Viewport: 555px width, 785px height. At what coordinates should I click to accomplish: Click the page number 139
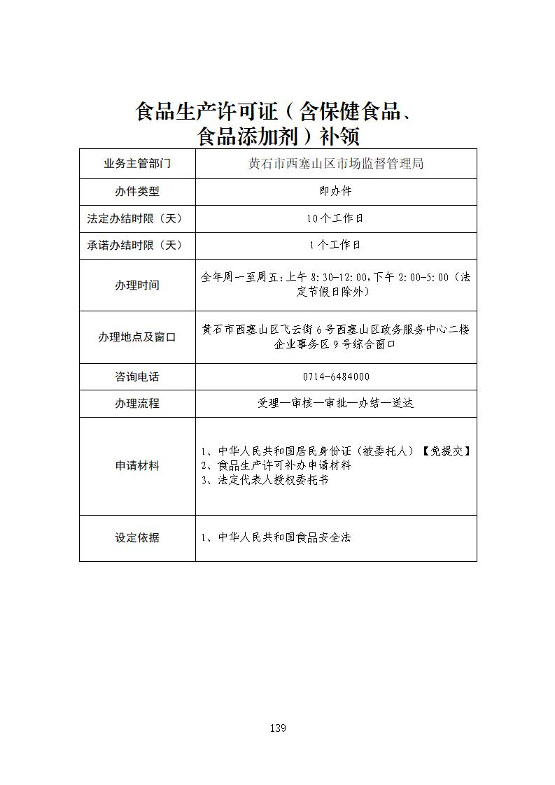tap(277, 728)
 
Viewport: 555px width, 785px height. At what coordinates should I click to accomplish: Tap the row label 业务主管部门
tap(137, 164)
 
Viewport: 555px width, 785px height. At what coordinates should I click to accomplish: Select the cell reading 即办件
tap(336, 191)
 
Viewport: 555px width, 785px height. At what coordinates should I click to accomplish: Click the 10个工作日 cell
tap(336, 218)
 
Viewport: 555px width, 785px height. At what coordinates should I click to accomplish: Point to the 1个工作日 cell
tap(336, 245)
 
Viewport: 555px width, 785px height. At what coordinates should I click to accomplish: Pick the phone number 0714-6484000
tap(336, 376)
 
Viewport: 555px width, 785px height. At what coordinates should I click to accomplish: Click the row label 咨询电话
tap(137, 376)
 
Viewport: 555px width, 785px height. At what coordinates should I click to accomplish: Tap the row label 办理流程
tap(137, 404)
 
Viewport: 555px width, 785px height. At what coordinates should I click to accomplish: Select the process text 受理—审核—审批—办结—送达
tap(336, 404)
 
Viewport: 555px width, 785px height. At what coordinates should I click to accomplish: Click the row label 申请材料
tap(137, 466)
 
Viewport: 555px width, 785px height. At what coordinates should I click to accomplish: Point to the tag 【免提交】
tap(446, 451)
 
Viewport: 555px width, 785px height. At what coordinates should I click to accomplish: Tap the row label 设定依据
tap(137, 537)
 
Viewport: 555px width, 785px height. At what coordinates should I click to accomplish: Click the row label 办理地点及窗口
tap(137, 337)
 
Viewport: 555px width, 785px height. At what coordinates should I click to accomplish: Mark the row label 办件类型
tap(137, 191)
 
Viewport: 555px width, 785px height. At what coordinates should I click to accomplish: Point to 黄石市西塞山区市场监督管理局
tap(336, 164)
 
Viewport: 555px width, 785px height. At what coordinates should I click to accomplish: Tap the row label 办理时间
tap(137, 285)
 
